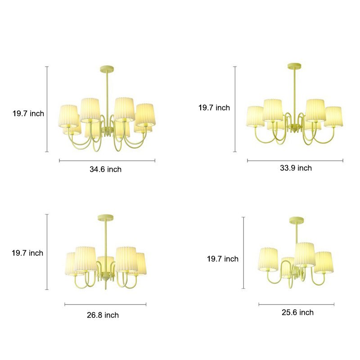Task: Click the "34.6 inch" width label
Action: [x=106, y=169]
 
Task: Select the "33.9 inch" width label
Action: [x=296, y=168]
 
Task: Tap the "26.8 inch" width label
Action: [x=103, y=315]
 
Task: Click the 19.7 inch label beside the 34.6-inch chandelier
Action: [x=28, y=113]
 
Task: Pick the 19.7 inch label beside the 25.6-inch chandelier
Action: [x=222, y=259]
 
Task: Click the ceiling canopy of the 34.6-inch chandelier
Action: [x=107, y=69]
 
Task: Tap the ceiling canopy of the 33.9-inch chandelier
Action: [x=295, y=66]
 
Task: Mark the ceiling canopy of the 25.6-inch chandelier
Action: [x=297, y=220]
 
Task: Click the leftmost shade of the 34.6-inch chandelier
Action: [x=68, y=116]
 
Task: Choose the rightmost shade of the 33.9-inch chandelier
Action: [x=333, y=117]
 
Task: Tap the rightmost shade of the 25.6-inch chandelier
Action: [x=324, y=262]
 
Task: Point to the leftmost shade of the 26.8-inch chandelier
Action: [x=72, y=263]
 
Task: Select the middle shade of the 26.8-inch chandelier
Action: [x=106, y=263]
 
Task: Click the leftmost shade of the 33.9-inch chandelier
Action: [x=255, y=116]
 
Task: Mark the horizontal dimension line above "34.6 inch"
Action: [x=107, y=160]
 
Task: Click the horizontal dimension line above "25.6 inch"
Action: [x=296, y=305]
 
